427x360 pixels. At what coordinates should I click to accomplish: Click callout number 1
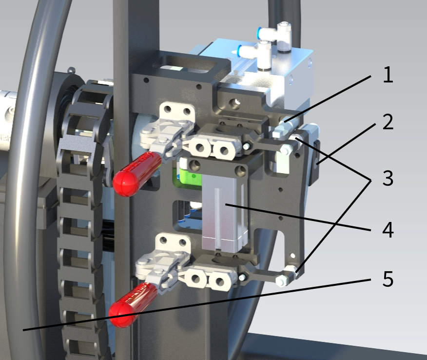click(388, 76)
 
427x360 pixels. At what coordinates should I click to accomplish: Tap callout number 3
click(388, 179)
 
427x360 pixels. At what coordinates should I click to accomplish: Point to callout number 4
click(388, 230)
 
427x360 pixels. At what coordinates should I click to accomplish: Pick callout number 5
click(388, 280)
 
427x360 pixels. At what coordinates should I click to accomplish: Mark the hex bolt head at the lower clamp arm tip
click(282, 280)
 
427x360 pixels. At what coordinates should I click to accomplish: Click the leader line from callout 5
click(195, 304)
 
